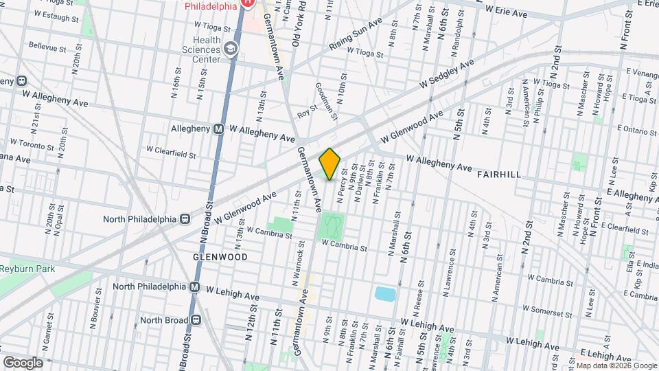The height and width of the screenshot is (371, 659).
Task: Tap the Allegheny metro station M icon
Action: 219,128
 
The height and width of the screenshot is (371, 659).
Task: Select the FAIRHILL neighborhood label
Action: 498,175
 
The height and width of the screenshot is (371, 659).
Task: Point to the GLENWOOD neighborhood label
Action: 220,256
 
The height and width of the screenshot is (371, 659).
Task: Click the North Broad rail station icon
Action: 196,320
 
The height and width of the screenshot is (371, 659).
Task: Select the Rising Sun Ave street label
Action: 355,34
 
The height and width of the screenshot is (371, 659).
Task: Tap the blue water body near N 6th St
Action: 385,295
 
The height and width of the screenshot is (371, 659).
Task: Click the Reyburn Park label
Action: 27,269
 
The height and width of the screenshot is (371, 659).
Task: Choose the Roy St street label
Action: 308,109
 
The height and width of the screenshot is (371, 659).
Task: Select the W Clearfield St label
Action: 171,148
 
